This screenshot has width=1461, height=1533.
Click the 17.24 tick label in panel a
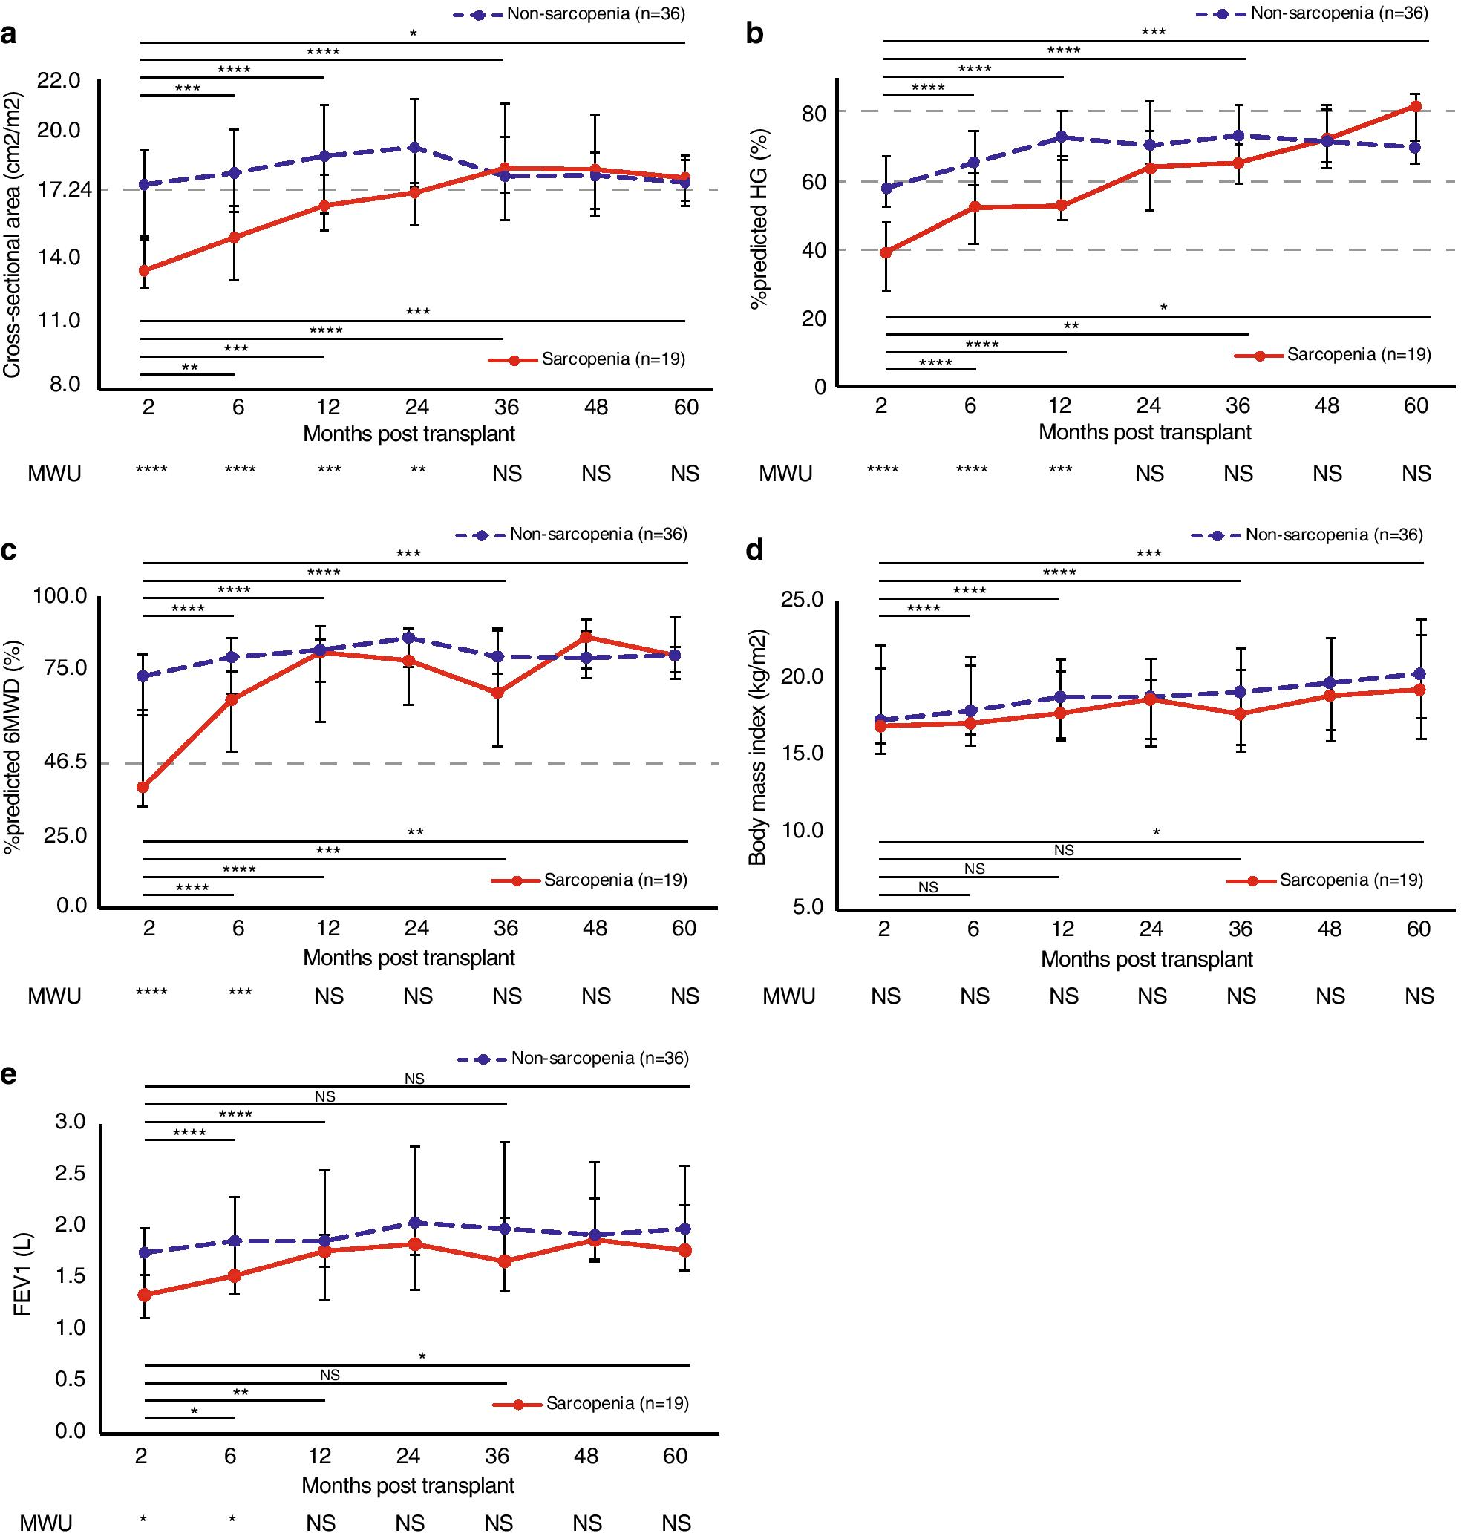click(59, 189)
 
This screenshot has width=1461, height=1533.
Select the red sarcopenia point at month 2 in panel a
click(144, 270)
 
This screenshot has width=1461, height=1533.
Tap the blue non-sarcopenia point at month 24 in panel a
click(415, 147)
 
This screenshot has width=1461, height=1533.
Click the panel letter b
click(754, 34)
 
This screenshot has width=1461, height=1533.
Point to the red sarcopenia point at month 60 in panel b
click(1416, 106)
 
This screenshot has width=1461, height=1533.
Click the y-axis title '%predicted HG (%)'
click(759, 218)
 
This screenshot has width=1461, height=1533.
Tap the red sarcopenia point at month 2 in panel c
click(143, 788)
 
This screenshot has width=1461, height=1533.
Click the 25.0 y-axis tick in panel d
click(803, 600)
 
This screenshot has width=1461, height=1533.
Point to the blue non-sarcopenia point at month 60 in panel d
click(1419, 674)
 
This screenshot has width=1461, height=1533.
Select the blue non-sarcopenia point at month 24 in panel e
click(415, 1223)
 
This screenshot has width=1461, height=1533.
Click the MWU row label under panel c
click(54, 996)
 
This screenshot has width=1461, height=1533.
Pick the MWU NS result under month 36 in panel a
click(507, 474)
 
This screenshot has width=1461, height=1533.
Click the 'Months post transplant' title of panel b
click(1145, 432)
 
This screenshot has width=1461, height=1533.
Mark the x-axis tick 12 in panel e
click(320, 1456)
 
